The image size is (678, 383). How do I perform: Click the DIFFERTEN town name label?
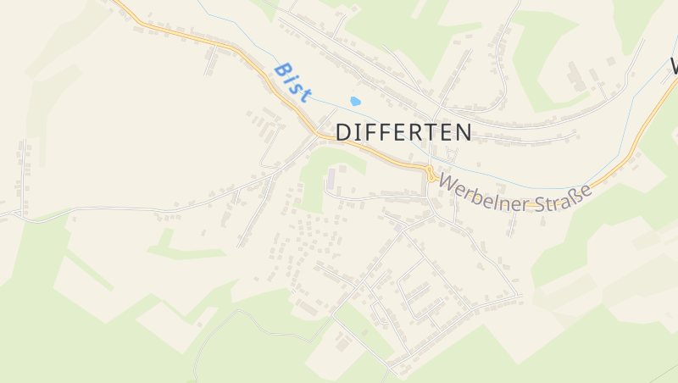pyautogui.click(x=404, y=132)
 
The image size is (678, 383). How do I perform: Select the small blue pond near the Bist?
pyautogui.click(x=355, y=102)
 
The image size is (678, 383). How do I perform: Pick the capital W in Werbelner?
pyautogui.click(x=448, y=183)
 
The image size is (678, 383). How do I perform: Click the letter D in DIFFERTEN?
pyautogui.click(x=345, y=132)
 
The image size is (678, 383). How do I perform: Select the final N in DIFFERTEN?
pyautogui.click(x=463, y=132)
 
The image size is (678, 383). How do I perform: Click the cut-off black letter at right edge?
pyautogui.click(x=674, y=65)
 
